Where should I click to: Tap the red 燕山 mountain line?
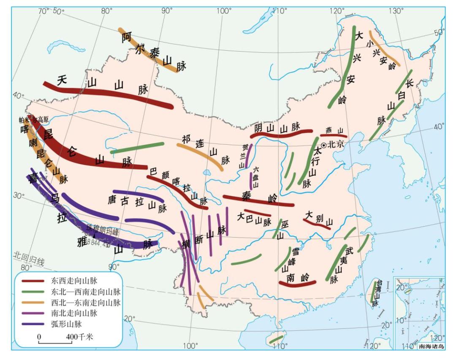334,136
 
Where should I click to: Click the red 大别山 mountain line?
317,224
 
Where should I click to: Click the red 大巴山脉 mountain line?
257,212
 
